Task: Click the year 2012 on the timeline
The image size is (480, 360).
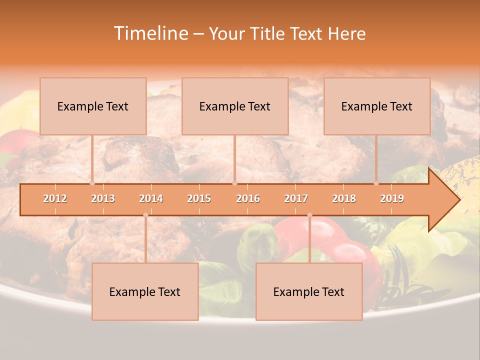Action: point(55,199)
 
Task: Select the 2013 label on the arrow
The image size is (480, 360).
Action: point(103,199)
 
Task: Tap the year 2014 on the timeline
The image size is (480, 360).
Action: point(151,199)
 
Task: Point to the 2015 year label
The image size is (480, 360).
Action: point(199,199)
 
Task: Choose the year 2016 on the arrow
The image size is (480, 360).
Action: point(248,199)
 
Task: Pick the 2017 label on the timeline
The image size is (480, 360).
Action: point(296,199)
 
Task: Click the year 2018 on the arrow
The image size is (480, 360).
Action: point(344,199)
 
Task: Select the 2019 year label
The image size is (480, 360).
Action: point(392,199)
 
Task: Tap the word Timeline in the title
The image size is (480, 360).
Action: point(150,33)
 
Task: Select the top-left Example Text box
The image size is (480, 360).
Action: point(93,106)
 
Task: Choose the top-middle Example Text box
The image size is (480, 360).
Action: point(235,106)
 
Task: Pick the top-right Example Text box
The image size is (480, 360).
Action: point(377,106)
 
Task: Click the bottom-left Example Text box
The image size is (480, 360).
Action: point(145,291)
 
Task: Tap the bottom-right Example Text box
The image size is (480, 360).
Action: point(309,291)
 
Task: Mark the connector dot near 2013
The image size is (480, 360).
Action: point(92,183)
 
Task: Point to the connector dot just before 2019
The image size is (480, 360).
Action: point(376,183)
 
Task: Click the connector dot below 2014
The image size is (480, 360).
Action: point(145,215)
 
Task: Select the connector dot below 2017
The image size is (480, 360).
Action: point(309,215)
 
